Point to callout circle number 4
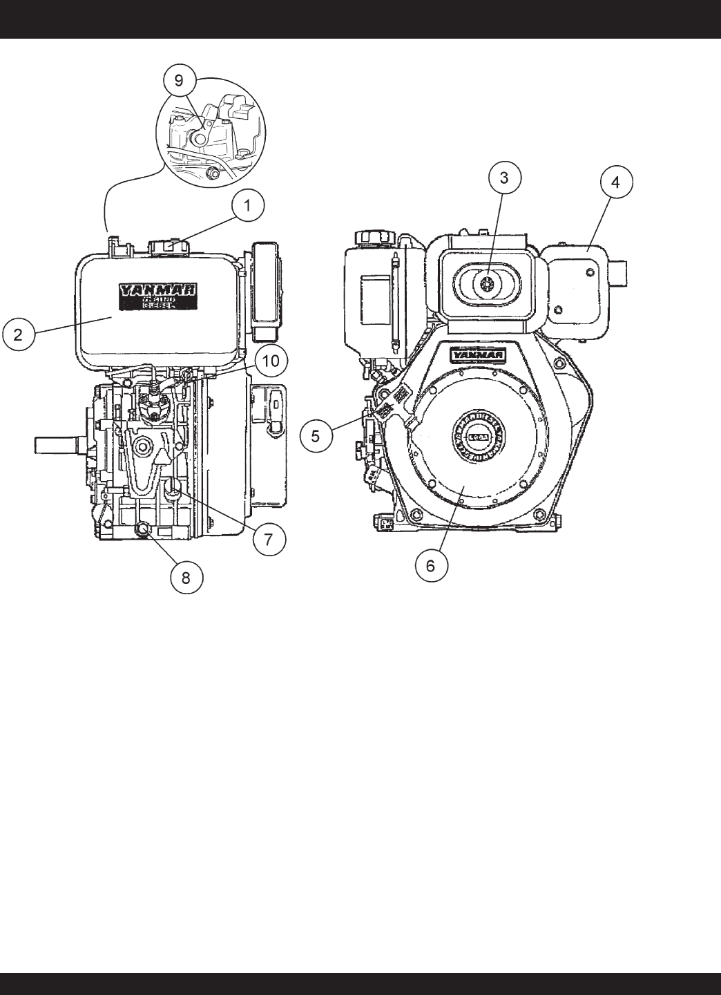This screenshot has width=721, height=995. [x=615, y=182]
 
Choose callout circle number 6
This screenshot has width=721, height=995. [x=430, y=565]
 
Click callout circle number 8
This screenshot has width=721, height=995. [x=186, y=577]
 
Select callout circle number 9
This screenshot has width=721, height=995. [x=179, y=81]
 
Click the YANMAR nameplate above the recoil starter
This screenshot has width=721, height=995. [x=478, y=355]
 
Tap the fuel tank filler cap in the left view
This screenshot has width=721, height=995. [x=167, y=246]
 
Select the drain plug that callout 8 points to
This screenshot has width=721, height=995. [x=143, y=530]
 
